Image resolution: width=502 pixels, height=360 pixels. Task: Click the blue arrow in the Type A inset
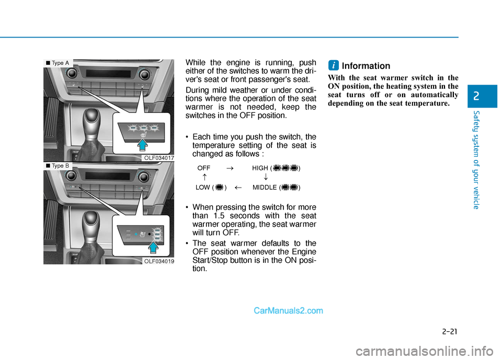(142, 145)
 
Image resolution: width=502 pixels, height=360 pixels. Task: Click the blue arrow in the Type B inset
(154, 248)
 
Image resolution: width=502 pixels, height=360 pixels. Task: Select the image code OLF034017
(159, 158)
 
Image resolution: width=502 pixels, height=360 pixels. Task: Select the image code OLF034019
(159, 261)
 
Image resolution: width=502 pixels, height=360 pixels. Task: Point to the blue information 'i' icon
(333, 65)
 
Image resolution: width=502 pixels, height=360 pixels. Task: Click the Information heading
(366, 66)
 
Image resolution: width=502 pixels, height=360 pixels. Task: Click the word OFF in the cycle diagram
(203, 168)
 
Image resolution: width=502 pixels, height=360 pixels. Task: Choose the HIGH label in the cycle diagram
(260, 168)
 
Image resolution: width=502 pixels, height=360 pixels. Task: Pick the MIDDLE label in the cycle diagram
(265, 188)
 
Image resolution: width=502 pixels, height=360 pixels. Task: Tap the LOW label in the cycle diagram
(203, 188)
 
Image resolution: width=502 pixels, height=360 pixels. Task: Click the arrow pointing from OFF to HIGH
(230, 168)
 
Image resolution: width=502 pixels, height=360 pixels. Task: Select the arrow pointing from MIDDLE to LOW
(238, 188)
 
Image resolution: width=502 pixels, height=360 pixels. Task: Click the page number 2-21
(450, 331)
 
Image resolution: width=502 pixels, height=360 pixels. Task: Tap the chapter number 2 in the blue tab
(476, 96)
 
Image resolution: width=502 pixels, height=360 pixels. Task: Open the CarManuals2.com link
(288, 311)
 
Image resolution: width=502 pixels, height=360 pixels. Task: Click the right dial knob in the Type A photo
(144, 75)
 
